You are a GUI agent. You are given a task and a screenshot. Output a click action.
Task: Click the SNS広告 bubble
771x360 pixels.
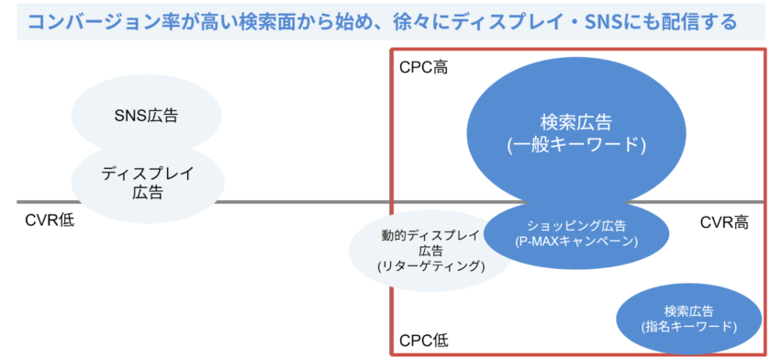(146, 114)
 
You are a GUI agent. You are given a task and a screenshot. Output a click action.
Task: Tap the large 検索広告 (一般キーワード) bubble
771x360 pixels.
(575, 134)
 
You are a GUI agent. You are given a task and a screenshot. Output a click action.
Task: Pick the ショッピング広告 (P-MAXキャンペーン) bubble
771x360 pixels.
(576, 235)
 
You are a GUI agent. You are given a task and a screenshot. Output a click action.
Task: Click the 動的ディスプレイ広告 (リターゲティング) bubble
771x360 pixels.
(430, 251)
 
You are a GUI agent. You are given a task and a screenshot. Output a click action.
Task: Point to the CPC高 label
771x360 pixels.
(423, 67)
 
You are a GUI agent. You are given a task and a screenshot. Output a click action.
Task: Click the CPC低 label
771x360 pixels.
(423, 341)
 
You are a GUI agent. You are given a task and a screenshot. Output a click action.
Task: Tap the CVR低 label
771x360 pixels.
(50, 220)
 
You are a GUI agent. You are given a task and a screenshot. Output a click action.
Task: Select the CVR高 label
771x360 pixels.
(724, 223)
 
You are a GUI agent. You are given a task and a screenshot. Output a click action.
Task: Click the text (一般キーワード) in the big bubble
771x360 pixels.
(575, 146)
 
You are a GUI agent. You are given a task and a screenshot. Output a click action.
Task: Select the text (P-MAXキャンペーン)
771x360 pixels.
(576, 242)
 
